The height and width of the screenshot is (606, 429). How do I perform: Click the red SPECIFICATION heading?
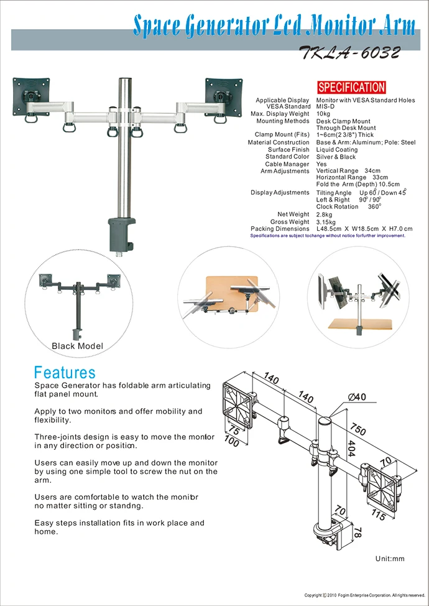pyautogui.click(x=351, y=88)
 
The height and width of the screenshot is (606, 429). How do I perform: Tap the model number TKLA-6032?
pyautogui.click(x=349, y=54)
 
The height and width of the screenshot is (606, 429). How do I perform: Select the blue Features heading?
pyautogui.click(x=65, y=373)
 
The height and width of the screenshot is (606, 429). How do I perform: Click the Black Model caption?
pyautogui.click(x=77, y=346)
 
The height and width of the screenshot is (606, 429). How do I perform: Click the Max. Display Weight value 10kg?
pyautogui.click(x=323, y=114)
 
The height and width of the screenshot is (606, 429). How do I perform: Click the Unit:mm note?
pyautogui.click(x=390, y=559)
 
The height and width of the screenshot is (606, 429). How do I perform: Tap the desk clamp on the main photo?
pyautogui.click(x=122, y=231)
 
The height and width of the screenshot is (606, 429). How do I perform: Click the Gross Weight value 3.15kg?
pyautogui.click(x=326, y=222)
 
